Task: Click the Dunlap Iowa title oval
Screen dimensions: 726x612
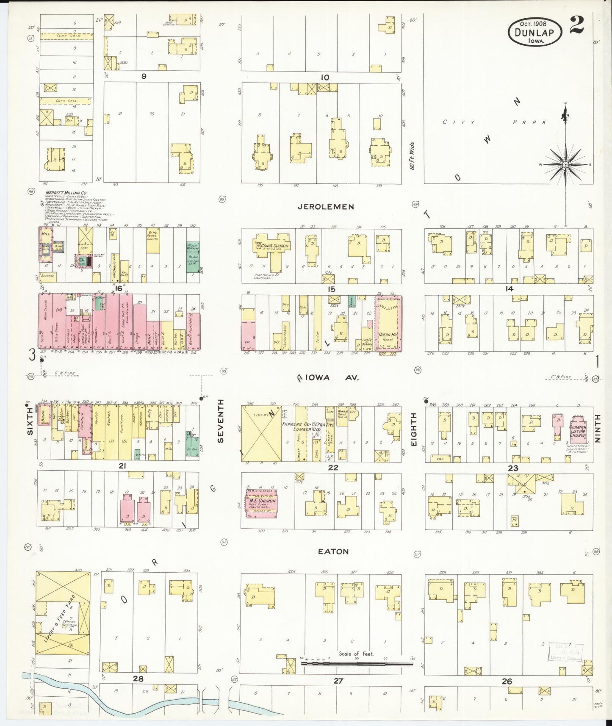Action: [535, 32]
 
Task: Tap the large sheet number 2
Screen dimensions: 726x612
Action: [576, 25]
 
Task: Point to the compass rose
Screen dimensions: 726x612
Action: [565, 164]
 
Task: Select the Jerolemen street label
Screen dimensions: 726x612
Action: [326, 207]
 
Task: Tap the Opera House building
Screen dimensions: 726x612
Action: [388, 323]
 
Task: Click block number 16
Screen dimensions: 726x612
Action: [119, 288]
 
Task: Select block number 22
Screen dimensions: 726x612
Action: [333, 468]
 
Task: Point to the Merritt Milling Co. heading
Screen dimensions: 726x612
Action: [64, 193]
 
